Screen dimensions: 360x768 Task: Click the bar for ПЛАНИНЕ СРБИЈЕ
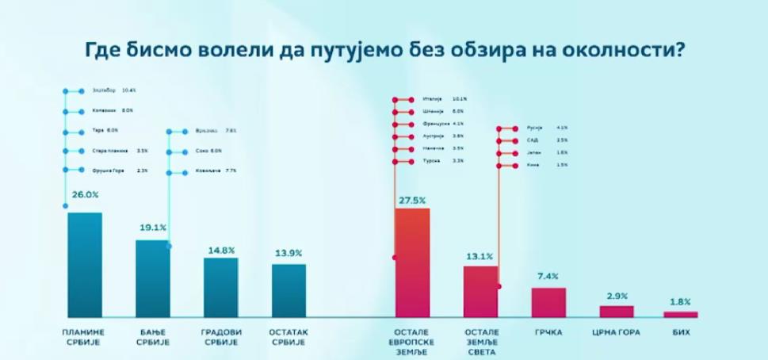click(x=85, y=265)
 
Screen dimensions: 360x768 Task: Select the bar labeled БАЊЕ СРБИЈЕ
click(x=152, y=278)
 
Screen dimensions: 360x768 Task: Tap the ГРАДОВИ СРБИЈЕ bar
click(x=220, y=287)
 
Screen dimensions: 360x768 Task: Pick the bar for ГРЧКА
click(x=548, y=302)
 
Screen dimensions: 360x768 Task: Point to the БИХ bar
click(x=680, y=314)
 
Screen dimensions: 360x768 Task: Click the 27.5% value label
click(x=412, y=198)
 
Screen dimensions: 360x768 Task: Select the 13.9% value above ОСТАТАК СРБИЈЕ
click(x=288, y=253)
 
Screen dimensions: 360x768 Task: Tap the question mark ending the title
click(x=678, y=50)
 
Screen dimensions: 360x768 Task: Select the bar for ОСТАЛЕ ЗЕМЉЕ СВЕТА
click(x=480, y=291)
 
